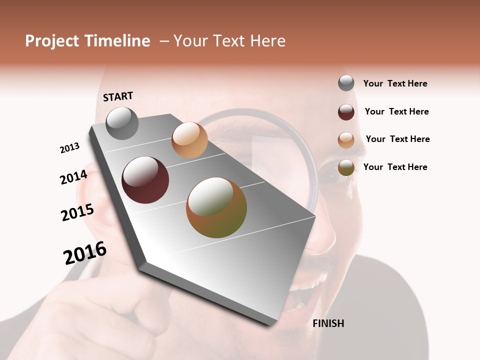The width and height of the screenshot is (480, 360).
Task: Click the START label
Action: pos(118,96)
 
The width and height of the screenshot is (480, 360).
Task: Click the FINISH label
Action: pos(328,323)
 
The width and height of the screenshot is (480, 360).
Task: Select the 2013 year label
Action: pos(69,148)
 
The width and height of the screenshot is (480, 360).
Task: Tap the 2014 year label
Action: pos(73,177)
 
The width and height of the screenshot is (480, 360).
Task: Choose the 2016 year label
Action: pos(85,253)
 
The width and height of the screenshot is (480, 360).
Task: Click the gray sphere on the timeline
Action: pos(122,123)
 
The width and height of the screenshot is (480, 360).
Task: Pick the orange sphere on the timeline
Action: pos(189,140)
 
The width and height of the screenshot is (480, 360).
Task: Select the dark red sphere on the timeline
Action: pos(145,180)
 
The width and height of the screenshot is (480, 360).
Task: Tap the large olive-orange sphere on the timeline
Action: pos(216,207)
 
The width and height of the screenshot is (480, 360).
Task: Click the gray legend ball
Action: pos(346,83)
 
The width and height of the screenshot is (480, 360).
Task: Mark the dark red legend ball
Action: pos(346,111)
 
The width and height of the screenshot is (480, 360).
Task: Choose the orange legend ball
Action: pos(346,139)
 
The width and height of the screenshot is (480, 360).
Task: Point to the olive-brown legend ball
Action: pos(346,167)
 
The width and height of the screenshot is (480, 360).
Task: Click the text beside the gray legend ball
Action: pos(395,83)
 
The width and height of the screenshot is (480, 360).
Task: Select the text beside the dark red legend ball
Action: pos(396,111)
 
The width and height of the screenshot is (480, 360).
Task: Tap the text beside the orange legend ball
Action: pos(397,139)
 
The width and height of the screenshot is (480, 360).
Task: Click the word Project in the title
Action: pos(52,41)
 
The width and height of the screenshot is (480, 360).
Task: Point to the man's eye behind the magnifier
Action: pos(331,176)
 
